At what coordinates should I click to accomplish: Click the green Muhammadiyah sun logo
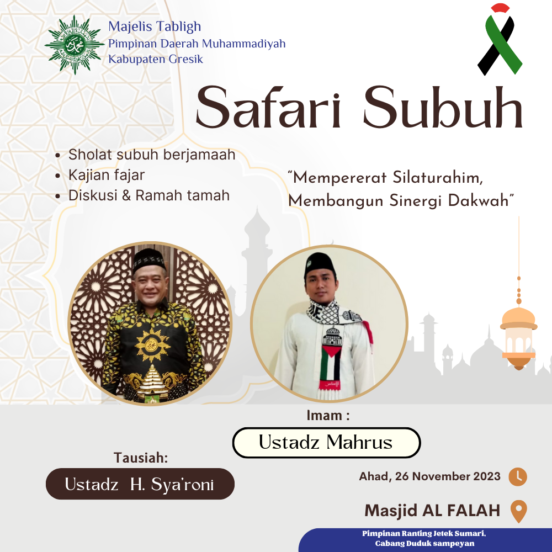75,45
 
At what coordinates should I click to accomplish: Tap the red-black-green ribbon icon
500,39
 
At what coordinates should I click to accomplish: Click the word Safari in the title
269,107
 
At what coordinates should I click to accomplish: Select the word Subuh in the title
443,107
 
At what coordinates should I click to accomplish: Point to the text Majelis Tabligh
155,26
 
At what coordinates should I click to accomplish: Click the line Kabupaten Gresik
156,59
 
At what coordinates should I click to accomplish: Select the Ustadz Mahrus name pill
326,443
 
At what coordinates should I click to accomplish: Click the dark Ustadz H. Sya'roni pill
140,484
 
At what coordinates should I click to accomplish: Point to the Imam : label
328,416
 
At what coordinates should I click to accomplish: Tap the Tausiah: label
141,458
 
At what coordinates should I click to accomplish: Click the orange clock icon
518,477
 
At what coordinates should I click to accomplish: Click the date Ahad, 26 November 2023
429,476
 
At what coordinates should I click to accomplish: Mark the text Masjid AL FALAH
432,511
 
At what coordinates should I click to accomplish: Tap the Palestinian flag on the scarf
331,362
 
